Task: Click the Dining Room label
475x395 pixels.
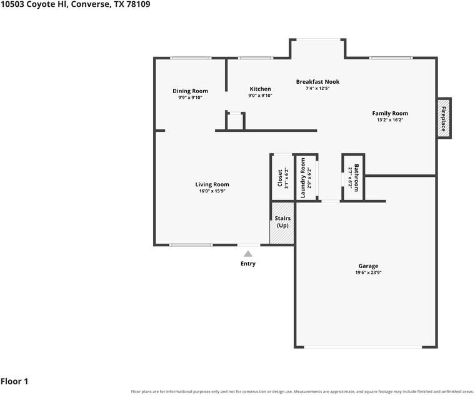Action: (x=190, y=91)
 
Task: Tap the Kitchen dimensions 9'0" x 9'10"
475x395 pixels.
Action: (x=260, y=96)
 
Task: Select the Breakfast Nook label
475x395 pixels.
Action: (x=317, y=81)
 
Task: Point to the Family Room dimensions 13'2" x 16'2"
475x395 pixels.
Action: (x=390, y=120)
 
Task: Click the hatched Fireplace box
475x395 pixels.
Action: (x=444, y=118)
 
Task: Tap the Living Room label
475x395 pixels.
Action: (x=212, y=184)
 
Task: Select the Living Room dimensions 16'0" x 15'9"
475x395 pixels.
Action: (x=212, y=191)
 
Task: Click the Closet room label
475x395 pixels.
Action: (x=279, y=178)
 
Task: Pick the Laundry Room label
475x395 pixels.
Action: (x=302, y=178)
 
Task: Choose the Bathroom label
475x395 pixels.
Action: (x=356, y=177)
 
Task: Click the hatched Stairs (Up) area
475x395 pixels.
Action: (x=282, y=223)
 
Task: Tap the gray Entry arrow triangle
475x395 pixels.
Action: (x=248, y=254)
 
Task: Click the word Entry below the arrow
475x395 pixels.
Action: (x=248, y=264)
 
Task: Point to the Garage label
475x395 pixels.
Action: (x=368, y=266)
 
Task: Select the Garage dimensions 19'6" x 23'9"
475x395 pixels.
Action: (x=368, y=272)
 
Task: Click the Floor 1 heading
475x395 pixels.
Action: (x=14, y=381)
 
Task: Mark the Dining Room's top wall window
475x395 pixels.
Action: (x=191, y=58)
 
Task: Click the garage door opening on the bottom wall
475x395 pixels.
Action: (x=363, y=347)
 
